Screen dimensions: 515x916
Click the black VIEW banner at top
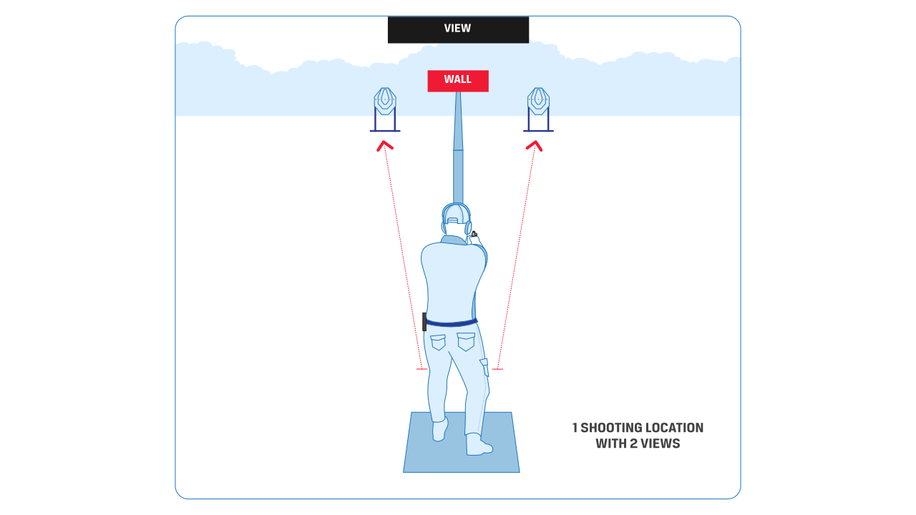pos(458,29)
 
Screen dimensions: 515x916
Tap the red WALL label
pos(458,80)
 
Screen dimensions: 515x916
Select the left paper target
pos(385,101)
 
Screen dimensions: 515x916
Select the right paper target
pos(538,101)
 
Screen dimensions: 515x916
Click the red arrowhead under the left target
pos(385,146)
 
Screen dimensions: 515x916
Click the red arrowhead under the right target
pos(534,146)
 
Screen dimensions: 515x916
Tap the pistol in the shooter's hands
pos(474,234)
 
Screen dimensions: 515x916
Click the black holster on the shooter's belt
pos(424,322)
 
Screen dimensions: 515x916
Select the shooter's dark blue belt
pos(451,323)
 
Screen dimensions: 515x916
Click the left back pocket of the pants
pos(438,342)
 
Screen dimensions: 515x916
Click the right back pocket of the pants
pos(466,342)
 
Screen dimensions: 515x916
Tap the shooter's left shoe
pos(439,429)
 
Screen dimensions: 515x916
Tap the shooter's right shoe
pos(478,445)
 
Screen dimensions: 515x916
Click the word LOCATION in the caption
pos(674,428)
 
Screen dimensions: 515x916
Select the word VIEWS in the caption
pos(659,443)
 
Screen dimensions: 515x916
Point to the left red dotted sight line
pos(401,257)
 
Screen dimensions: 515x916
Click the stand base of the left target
pos(385,131)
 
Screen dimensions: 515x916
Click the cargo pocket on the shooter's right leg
pos(484,366)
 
